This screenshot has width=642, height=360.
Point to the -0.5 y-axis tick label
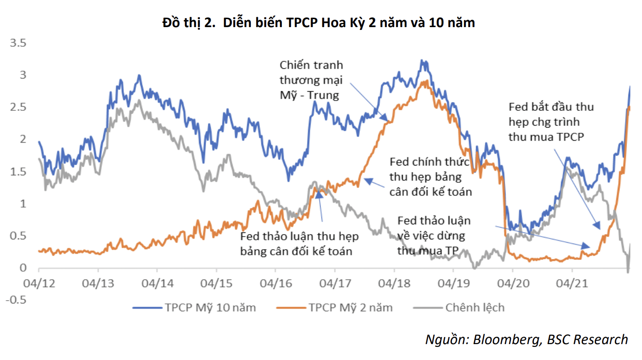click(15, 300)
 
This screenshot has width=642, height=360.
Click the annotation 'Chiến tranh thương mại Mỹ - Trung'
click(311, 80)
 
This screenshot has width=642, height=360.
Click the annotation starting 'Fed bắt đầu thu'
click(551, 122)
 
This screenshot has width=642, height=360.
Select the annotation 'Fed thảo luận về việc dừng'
click(434, 236)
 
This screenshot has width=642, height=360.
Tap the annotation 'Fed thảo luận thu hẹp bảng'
click(300, 244)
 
